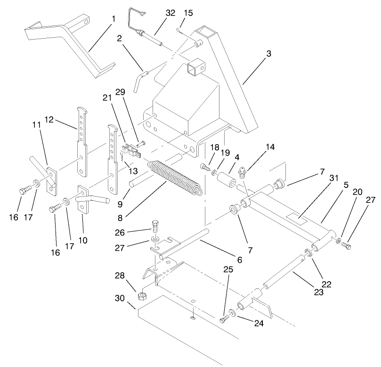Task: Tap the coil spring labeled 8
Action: pyautogui.click(x=177, y=177)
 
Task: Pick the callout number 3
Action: pyautogui.click(x=268, y=54)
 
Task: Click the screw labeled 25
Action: pyautogui.click(x=224, y=319)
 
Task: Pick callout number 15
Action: pyautogui.click(x=188, y=13)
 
